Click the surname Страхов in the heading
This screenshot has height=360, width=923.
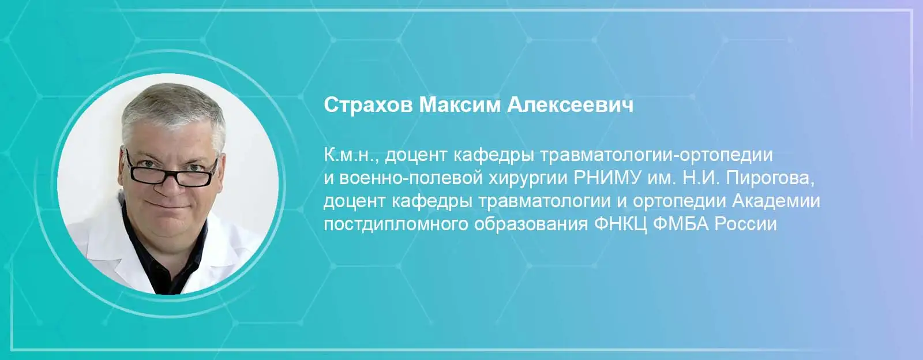pos(368,105)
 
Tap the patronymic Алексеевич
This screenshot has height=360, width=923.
pos(570,105)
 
